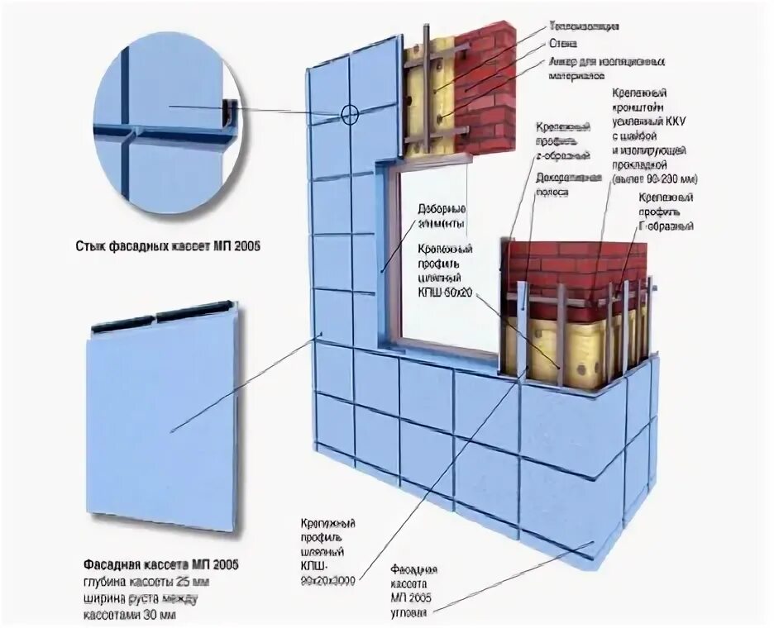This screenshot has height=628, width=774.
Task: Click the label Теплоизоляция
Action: click(x=585, y=26)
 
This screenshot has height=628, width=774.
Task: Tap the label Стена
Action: click(x=562, y=43)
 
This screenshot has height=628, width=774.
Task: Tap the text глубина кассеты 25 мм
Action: click(x=141, y=581)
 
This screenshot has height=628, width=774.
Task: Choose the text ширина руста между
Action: click(x=140, y=598)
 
